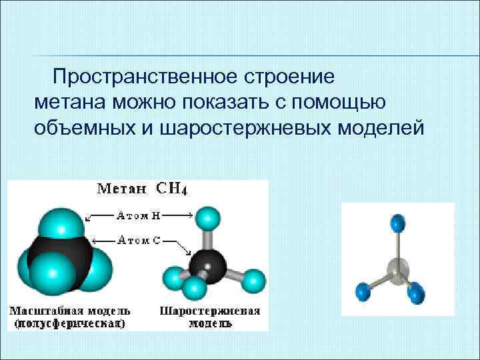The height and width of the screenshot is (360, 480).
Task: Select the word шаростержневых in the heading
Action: point(248,126)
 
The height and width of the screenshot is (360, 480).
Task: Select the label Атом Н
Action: point(138,215)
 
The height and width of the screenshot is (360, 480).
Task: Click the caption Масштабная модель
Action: point(69,311)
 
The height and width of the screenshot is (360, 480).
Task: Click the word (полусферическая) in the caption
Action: point(69,323)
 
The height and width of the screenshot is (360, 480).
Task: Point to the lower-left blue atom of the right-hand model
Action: point(364,291)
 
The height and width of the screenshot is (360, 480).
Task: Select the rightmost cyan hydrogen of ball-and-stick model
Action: point(254,281)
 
